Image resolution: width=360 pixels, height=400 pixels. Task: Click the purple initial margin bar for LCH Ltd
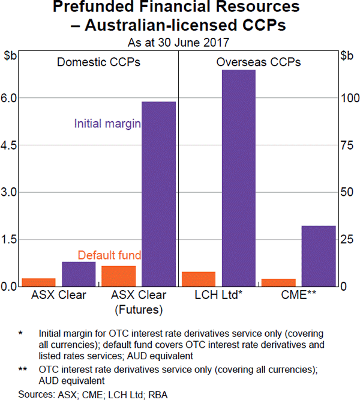tap(239, 178)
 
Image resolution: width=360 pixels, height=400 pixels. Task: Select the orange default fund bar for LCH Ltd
tap(199, 279)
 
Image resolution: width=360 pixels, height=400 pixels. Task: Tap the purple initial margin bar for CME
tap(319, 256)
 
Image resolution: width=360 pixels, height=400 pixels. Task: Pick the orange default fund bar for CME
tap(278, 283)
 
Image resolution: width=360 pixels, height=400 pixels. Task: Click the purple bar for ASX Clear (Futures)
tap(158, 194)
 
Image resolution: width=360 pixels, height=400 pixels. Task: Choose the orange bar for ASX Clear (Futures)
tap(119, 276)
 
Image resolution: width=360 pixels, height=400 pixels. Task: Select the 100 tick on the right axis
tap(349, 98)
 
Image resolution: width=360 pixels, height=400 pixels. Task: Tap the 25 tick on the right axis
tap(346, 240)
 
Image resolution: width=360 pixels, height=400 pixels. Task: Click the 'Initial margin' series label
tap(107, 124)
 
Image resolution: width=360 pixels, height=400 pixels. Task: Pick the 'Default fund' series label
tap(109, 255)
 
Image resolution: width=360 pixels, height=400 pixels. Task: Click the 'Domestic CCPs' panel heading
tap(98, 62)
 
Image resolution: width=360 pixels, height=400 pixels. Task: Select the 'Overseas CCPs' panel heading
tap(259, 62)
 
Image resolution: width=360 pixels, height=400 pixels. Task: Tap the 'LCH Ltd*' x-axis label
tap(218, 295)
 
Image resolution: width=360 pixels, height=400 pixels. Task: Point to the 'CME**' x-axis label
tap(298, 295)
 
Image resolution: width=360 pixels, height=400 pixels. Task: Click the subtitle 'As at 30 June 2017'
tap(179, 43)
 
